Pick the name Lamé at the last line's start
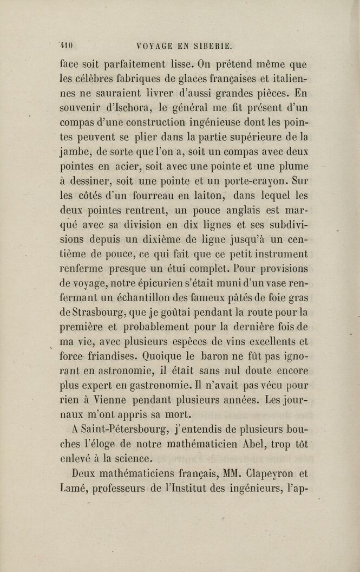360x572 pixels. tap(74, 487)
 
